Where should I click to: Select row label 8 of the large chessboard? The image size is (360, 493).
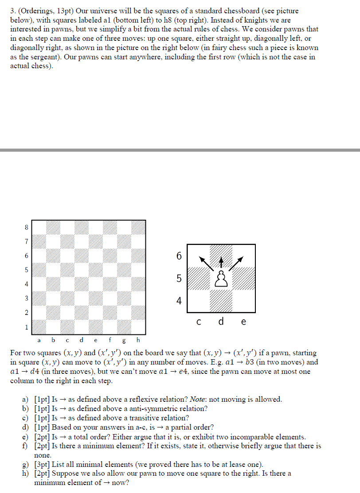26,227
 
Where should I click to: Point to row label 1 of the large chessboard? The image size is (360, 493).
26,327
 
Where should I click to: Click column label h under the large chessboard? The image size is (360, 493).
138,340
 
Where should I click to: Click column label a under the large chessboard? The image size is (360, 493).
39,340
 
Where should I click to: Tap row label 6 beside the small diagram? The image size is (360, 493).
179,256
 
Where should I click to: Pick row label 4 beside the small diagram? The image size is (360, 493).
179,301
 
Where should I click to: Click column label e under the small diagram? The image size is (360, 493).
243,322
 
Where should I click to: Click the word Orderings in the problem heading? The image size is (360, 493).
37,11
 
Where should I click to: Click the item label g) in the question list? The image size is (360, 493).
26,464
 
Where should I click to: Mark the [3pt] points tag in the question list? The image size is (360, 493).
42,464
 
